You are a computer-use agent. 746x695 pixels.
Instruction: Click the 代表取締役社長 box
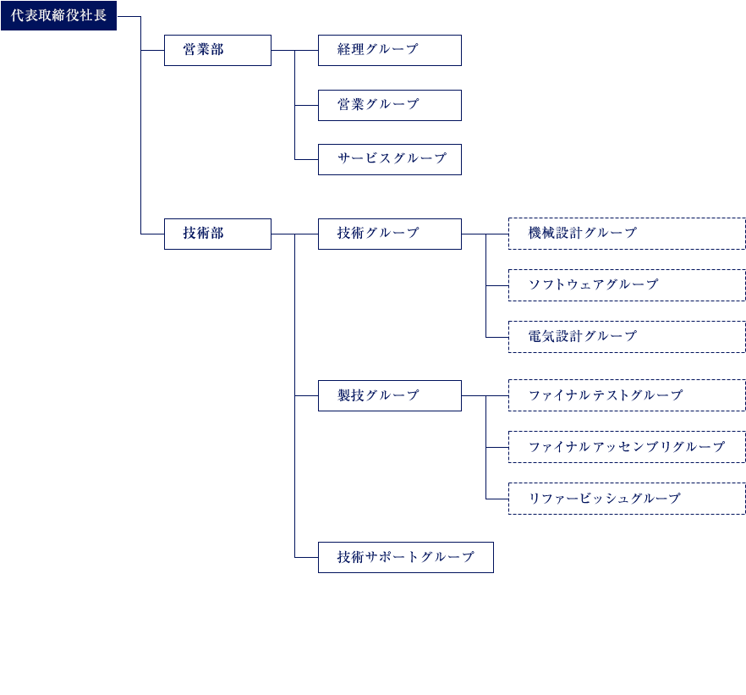point(58,16)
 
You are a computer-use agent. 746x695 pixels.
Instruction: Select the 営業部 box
point(217,50)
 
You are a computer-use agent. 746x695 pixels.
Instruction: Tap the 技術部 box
point(217,234)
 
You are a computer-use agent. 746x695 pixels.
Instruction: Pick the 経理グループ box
point(390,50)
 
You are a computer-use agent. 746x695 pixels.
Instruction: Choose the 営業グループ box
point(390,105)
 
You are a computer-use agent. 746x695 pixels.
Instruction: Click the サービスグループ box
point(390,159)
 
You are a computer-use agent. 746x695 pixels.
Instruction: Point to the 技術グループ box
point(390,234)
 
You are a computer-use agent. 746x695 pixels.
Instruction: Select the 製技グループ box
point(390,395)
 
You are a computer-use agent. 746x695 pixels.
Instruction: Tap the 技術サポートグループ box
point(406,557)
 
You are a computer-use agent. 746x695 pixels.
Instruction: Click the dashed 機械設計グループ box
point(627,234)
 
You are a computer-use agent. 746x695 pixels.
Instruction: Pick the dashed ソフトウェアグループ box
point(627,285)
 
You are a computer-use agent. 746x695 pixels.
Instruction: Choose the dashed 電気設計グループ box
point(627,337)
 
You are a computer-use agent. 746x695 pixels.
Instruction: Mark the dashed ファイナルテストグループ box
point(627,395)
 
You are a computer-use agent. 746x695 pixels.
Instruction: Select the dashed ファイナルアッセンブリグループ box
point(627,446)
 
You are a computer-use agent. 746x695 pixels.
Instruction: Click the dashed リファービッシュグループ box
point(627,499)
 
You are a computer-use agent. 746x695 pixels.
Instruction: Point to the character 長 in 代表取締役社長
point(100,15)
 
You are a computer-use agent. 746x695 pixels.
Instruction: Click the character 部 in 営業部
point(217,49)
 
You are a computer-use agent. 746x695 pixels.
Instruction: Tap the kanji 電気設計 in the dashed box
point(555,336)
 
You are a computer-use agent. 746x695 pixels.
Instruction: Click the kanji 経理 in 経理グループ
point(351,49)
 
